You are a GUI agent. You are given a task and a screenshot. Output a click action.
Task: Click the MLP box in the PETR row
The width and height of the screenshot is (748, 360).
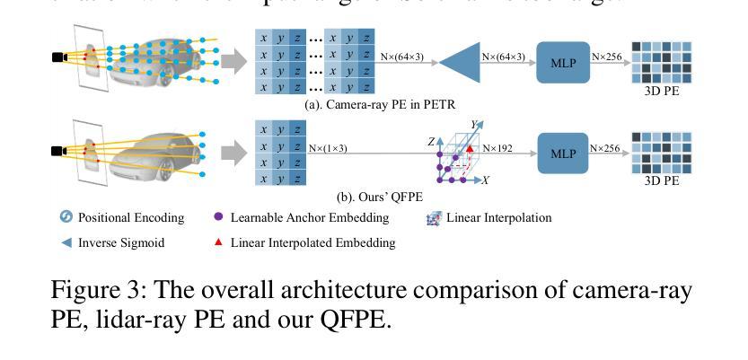click(563, 62)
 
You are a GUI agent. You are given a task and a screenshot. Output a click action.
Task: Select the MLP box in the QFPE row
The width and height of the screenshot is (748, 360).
click(563, 153)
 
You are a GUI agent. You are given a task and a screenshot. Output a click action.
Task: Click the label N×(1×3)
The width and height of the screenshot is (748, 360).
click(328, 148)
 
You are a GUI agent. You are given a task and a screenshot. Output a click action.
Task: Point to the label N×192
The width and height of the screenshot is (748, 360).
click(497, 148)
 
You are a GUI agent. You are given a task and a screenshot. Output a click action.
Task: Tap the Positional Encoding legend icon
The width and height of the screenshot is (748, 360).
click(66, 217)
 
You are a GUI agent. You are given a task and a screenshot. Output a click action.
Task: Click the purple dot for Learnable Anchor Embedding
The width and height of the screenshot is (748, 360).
click(218, 217)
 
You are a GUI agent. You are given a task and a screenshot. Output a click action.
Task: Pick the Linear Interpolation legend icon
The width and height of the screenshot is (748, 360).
click(434, 217)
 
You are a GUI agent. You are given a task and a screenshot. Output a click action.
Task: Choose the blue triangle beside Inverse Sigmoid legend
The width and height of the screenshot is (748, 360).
click(66, 242)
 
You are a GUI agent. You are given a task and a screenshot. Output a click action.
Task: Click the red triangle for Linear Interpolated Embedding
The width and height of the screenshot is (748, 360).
click(218, 241)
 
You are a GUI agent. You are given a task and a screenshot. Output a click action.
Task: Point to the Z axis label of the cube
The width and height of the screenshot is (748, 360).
click(431, 142)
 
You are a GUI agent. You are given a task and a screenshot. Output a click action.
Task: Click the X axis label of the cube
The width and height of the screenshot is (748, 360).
click(486, 180)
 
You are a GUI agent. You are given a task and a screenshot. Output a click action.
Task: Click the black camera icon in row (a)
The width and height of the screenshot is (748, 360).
click(58, 58)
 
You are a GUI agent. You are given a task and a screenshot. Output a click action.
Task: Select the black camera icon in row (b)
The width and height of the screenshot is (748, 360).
click(58, 151)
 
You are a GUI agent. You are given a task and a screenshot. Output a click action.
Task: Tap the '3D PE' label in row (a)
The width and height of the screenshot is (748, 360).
click(662, 90)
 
